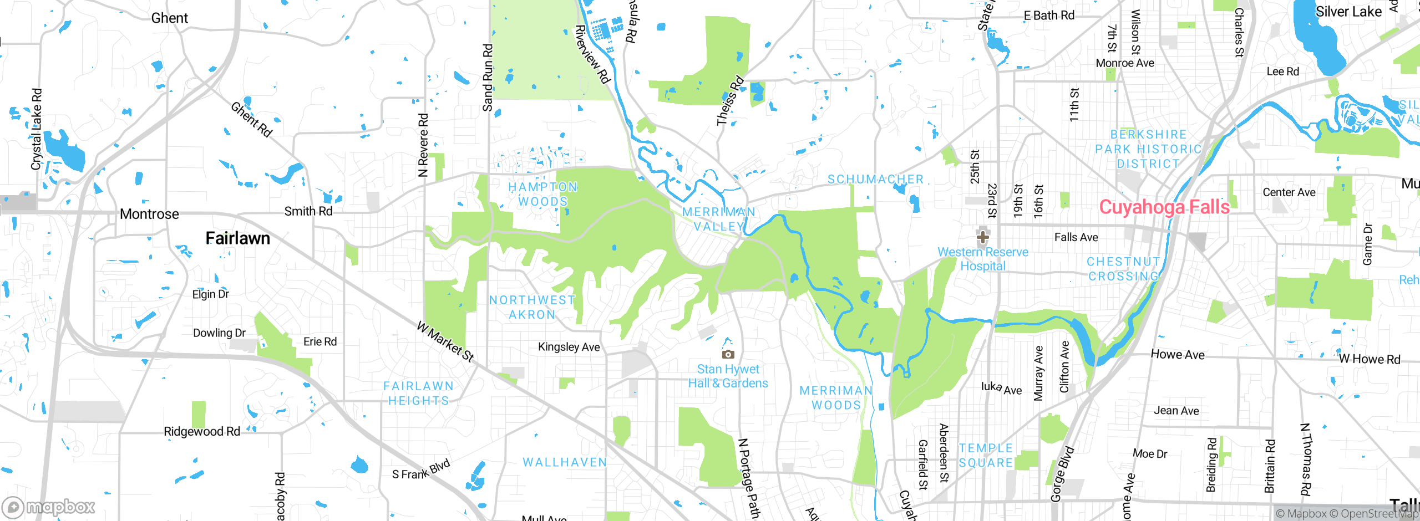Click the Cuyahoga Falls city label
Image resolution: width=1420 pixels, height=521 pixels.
(1164, 207)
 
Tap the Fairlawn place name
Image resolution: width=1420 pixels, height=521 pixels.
(237, 238)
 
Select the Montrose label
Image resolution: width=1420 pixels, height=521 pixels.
(149, 214)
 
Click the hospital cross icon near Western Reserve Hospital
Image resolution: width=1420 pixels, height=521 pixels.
(982, 237)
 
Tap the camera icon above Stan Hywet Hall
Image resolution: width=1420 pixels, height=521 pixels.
(728, 354)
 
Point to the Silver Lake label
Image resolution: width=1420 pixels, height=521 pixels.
(1348, 12)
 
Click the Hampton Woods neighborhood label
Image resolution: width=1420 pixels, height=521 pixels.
(543, 194)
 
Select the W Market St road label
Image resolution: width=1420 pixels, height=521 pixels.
(445, 342)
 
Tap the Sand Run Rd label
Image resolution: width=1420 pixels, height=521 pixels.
(488, 78)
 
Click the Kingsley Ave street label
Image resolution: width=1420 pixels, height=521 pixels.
(569, 347)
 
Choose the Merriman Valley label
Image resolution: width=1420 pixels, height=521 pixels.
(718, 219)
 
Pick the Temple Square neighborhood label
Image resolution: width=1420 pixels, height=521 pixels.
(986, 455)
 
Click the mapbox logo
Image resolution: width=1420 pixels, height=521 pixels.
(49, 507)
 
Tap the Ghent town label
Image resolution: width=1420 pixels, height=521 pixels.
(169, 18)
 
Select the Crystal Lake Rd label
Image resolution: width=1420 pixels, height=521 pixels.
(37, 129)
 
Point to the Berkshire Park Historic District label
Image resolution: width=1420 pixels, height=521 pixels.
(1148, 149)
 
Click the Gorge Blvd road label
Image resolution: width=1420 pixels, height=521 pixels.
(1062, 474)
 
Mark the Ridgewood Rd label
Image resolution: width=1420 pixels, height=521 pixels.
(201, 431)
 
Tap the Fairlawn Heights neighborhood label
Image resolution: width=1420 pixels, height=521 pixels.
(418, 393)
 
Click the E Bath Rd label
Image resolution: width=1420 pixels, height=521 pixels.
(1048, 16)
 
